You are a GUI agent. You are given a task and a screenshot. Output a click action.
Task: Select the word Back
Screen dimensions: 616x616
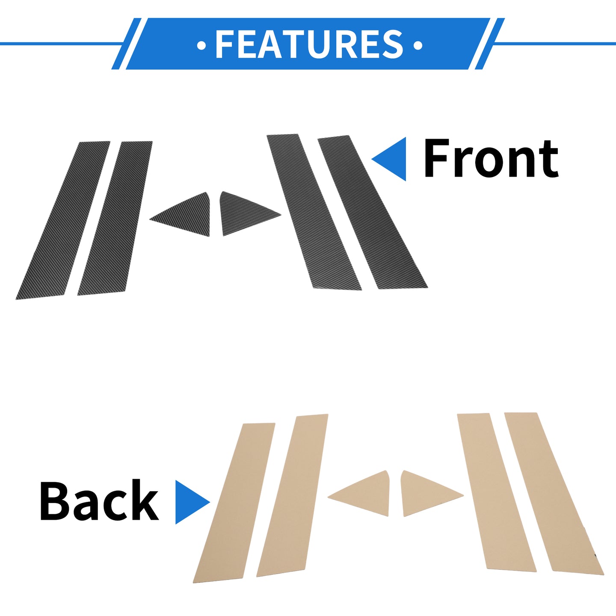tap(99, 500)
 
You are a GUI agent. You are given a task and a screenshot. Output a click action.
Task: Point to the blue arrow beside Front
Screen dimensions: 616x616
tap(389, 159)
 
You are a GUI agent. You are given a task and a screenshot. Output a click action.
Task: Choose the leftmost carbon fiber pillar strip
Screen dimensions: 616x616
tap(63, 220)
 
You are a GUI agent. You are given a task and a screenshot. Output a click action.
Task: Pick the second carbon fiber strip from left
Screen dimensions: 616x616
tap(115, 218)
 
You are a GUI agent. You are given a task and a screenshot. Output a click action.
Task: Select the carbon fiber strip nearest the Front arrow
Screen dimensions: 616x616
tap(373, 212)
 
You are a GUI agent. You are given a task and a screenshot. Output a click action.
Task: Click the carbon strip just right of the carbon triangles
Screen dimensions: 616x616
tap(314, 212)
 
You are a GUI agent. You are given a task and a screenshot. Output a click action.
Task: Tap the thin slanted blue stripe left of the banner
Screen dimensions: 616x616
tap(126, 44)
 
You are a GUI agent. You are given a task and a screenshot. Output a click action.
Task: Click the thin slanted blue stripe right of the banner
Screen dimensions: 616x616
tap(490, 44)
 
